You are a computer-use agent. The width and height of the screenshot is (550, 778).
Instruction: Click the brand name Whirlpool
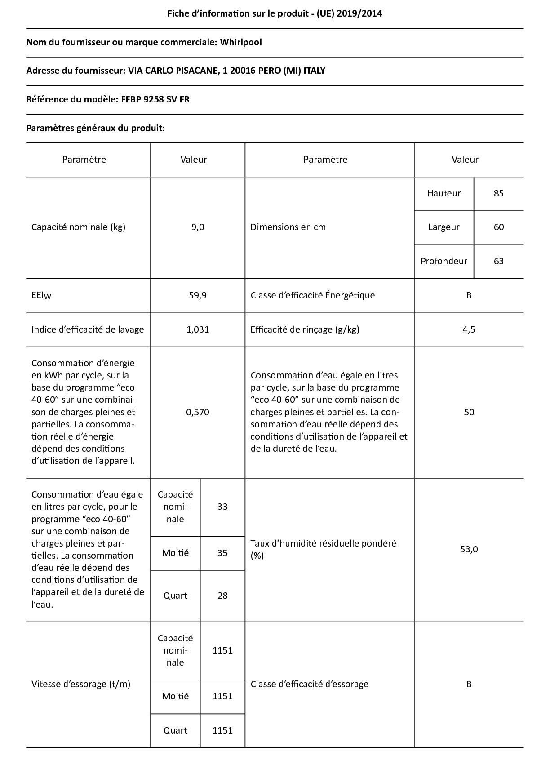(x=240, y=42)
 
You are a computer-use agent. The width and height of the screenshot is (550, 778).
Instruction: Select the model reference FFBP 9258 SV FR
(x=155, y=99)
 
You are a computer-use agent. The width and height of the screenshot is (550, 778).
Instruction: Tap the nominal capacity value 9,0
(x=198, y=227)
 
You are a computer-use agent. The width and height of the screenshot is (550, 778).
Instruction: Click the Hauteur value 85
(x=498, y=193)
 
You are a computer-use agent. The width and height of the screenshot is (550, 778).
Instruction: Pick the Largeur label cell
(x=444, y=227)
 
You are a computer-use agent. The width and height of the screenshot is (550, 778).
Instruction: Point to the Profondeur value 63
(x=498, y=261)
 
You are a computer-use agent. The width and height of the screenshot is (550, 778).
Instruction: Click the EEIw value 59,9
(x=198, y=295)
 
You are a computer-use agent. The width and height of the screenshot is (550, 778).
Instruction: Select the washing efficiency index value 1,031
(x=198, y=329)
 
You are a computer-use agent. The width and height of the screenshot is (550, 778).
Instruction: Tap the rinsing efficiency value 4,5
(x=469, y=329)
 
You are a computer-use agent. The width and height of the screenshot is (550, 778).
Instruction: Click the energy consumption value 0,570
(x=198, y=412)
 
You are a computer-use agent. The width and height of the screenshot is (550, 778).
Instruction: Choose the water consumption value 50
(x=469, y=412)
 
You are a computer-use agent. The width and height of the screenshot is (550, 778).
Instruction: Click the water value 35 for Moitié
(x=222, y=553)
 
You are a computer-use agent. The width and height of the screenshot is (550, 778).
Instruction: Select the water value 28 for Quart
(x=222, y=596)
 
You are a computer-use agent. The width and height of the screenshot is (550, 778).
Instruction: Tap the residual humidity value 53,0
(x=469, y=549)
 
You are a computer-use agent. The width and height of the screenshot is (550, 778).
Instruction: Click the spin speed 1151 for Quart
(x=222, y=730)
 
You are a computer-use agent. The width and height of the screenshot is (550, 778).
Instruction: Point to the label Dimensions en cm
(x=288, y=227)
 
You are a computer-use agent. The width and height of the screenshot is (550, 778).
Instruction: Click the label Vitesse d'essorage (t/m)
(x=81, y=684)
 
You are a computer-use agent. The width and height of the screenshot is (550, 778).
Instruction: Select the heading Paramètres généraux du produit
(x=96, y=128)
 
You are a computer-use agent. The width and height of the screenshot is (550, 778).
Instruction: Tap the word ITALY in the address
(x=314, y=71)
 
